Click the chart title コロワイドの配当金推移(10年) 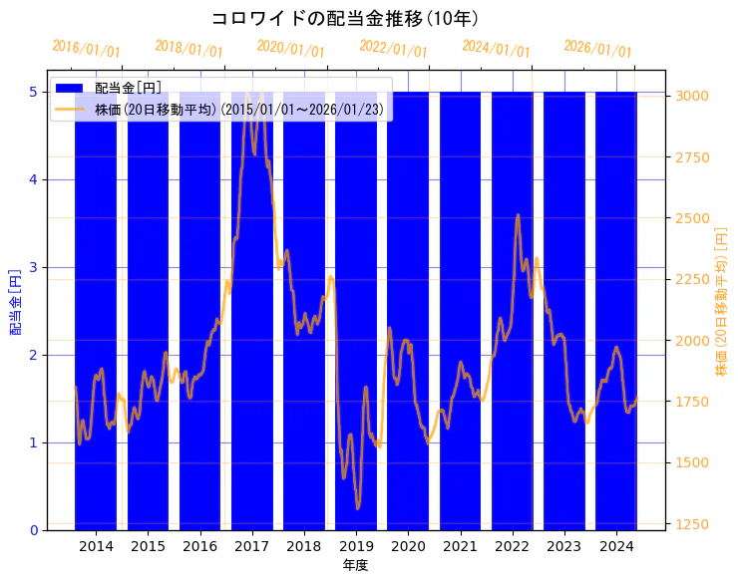345,19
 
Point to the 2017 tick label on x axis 252,546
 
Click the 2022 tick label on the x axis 512,546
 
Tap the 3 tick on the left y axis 33,267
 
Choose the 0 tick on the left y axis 33,530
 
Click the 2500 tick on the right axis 692,218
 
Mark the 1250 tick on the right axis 692,524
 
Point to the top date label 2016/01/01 87,49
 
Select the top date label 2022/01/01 393,49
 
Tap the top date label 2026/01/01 597,49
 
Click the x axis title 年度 356,566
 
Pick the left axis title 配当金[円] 15,302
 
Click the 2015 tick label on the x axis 148,546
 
